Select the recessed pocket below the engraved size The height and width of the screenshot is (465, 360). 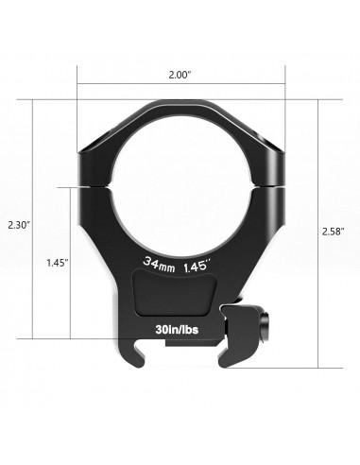pos(179,295)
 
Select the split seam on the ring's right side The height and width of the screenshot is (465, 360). pos(268,182)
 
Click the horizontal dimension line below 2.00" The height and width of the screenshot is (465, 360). pos(180,84)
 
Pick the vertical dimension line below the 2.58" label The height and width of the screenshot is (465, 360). pos(318,302)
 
